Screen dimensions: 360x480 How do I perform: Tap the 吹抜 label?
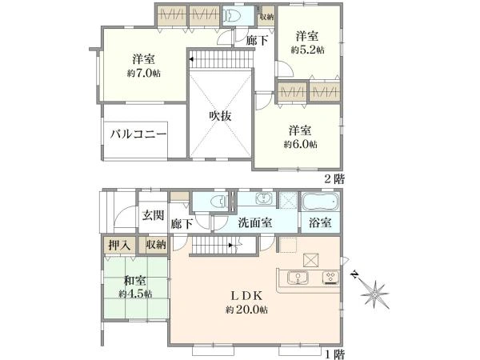[x=221, y=116]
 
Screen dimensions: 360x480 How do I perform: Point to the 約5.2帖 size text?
[x=309, y=50]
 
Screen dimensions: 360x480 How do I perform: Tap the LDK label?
[x=246, y=295]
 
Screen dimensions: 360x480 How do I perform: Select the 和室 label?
[x=134, y=281]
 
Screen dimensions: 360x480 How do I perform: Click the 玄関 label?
[x=153, y=215]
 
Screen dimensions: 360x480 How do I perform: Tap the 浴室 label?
[x=320, y=223]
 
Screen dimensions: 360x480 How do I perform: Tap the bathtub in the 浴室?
[x=320, y=201]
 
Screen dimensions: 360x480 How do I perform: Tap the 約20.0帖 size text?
[x=246, y=309]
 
